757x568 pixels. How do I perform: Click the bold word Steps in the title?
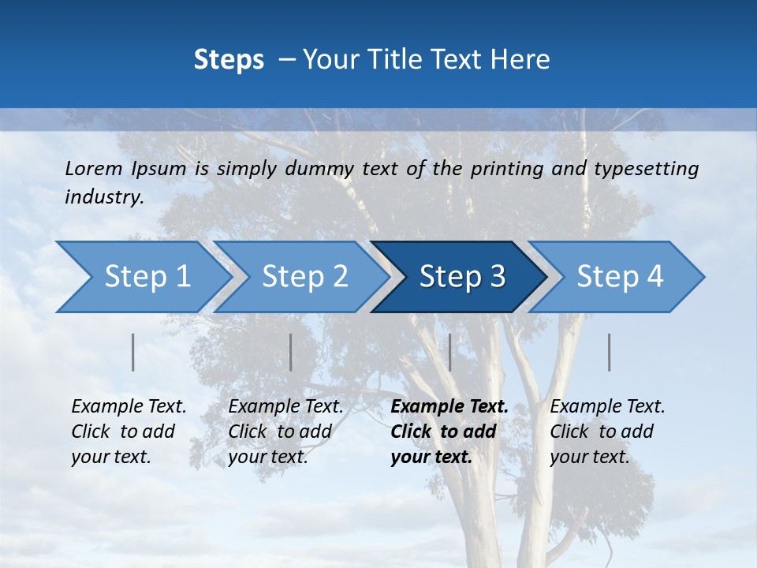[229, 60]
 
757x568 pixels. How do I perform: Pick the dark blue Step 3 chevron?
[462, 277]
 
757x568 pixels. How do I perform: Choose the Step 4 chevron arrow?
[620, 277]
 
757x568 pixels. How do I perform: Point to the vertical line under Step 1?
[133, 352]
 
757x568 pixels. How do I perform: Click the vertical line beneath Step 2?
[291, 352]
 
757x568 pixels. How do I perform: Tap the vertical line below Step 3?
[449, 352]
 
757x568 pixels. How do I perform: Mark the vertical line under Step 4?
[610, 352]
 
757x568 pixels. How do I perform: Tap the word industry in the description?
[104, 197]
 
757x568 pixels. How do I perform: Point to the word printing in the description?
[509, 169]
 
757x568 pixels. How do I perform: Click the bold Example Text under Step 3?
[449, 407]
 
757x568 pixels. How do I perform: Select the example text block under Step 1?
[129, 432]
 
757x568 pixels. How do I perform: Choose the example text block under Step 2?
[285, 432]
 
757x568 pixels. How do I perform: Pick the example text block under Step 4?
[607, 432]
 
